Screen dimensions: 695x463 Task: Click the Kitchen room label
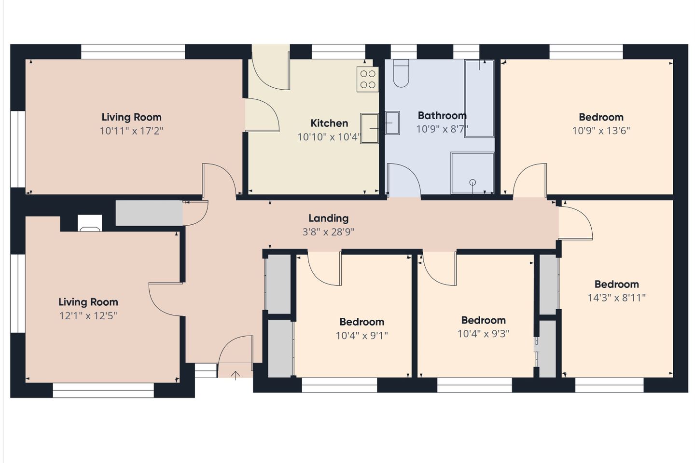tap(329, 123)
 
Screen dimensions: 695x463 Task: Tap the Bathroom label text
tap(442, 115)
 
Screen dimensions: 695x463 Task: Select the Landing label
tap(328, 218)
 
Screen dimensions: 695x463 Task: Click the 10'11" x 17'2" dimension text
tap(131, 131)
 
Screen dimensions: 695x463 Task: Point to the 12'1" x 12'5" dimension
tap(88, 316)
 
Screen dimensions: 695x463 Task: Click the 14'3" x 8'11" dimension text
tap(616, 298)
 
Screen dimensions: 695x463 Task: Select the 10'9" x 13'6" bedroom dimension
tap(601, 131)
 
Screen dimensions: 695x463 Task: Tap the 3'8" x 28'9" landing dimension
tap(328, 232)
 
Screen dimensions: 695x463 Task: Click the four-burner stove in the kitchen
tap(368, 79)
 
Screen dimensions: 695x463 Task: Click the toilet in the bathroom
tap(401, 73)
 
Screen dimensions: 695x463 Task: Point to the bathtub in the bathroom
tap(479, 98)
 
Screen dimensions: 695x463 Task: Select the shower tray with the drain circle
tap(472, 173)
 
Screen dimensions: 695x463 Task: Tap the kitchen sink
tap(369, 128)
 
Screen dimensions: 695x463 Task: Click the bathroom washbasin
tap(392, 123)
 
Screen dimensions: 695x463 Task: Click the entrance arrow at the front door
tap(236, 375)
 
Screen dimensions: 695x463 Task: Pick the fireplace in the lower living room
tap(90, 223)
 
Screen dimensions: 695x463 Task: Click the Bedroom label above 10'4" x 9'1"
tap(362, 322)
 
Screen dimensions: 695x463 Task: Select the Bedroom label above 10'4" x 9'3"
tap(484, 320)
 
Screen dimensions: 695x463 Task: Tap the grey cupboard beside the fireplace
tap(149, 213)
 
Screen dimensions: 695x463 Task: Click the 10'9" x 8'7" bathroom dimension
tap(442, 129)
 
